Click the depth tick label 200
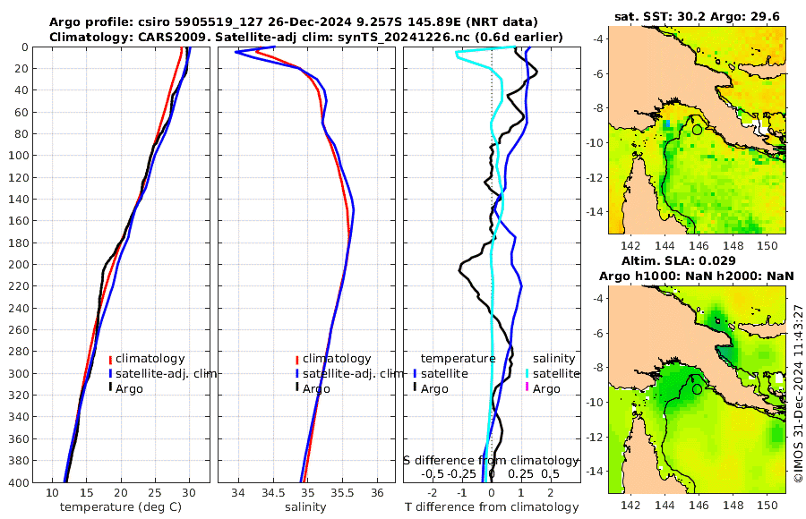click(21, 265)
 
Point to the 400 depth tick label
click(21, 482)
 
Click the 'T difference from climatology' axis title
click(492, 507)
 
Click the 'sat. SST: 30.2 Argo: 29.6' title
click(697, 15)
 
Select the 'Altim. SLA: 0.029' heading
click(697, 260)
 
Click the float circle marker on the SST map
click(697, 130)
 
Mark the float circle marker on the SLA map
click(697, 388)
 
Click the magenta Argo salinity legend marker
click(527, 388)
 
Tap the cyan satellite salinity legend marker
click(527, 373)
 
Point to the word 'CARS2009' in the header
click(152, 37)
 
